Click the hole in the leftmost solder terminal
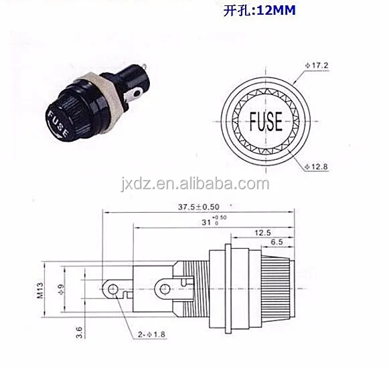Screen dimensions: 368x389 [x=112, y=289]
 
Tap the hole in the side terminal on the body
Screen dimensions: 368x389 [x=162, y=289]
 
